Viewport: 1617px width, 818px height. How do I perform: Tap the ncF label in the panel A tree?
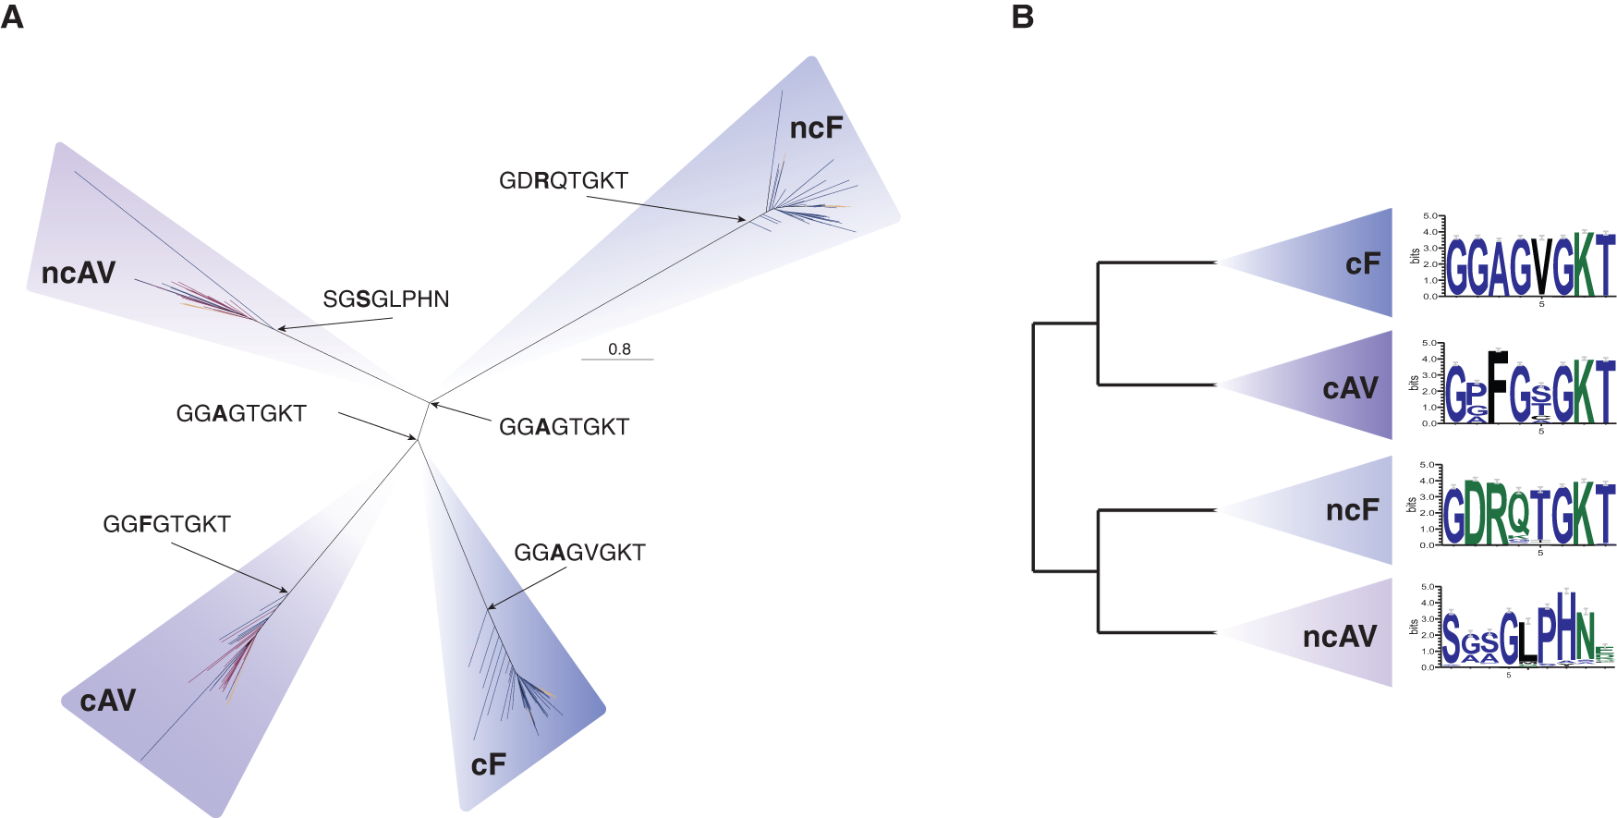pyautogui.click(x=816, y=128)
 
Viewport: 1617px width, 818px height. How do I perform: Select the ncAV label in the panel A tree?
pyautogui.click(x=79, y=273)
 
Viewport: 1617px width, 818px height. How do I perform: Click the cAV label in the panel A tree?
pyautogui.click(x=108, y=700)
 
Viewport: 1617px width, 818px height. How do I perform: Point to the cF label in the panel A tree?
pyautogui.click(x=488, y=764)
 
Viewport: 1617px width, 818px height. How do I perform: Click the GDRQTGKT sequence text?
pyautogui.click(x=564, y=180)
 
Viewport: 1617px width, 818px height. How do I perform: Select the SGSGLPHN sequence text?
pyautogui.click(x=386, y=299)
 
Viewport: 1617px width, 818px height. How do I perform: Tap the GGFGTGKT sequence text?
pyautogui.click(x=166, y=524)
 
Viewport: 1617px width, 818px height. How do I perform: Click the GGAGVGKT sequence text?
pyautogui.click(x=579, y=553)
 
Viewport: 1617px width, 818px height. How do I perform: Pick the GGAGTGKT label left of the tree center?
pyautogui.click(x=241, y=413)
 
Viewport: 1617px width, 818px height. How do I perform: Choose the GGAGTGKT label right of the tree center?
pyautogui.click(x=564, y=427)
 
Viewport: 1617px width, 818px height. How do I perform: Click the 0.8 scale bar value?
pyautogui.click(x=619, y=349)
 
